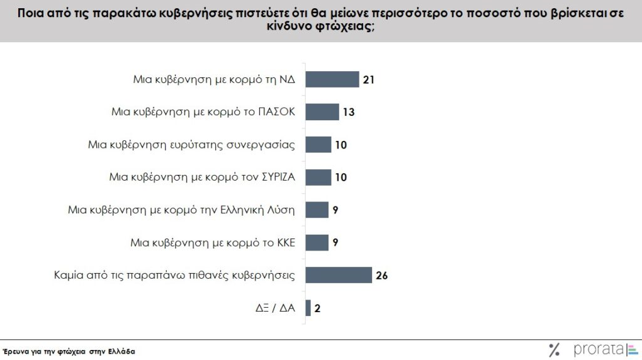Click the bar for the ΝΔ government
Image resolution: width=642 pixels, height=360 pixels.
click(332, 79)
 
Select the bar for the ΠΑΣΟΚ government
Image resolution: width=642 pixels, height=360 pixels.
click(322, 112)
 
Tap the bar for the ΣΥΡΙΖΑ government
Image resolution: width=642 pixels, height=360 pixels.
click(318, 177)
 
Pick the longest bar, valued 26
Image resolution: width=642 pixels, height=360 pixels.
click(338, 275)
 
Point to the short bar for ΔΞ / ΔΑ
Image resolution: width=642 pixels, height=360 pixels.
click(308, 308)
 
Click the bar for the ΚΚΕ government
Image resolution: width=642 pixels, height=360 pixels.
click(317, 242)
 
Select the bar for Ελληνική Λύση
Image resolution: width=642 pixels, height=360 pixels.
click(317, 210)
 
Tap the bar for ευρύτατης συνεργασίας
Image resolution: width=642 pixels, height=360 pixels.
click(318, 145)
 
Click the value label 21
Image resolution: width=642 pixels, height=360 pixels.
click(369, 80)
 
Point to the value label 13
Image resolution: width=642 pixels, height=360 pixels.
click(349, 113)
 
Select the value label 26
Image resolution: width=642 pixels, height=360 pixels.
click(381, 276)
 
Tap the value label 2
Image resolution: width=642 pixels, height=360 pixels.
click(318, 308)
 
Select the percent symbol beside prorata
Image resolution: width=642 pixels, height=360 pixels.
click(555, 350)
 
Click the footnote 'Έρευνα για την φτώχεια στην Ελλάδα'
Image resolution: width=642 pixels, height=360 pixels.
click(69, 351)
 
